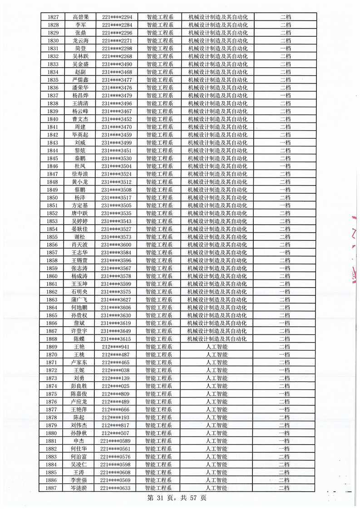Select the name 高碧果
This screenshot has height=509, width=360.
tap(80, 17)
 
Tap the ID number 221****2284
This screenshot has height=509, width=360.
tap(117, 24)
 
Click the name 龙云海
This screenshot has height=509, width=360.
tap(80, 40)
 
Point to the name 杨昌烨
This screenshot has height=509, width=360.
tap(80, 95)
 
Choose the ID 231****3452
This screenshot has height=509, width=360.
tap(117, 119)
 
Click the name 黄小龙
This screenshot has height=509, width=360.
tap(80, 182)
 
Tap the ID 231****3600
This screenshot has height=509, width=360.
tap(117, 245)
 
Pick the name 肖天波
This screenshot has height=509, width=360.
tap(80, 245)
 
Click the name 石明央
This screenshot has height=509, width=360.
tap(80, 292)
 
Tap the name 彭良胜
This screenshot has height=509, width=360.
tap(80, 386)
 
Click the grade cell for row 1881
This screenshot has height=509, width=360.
tap(285, 441)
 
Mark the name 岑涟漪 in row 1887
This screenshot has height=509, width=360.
tap(80, 488)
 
